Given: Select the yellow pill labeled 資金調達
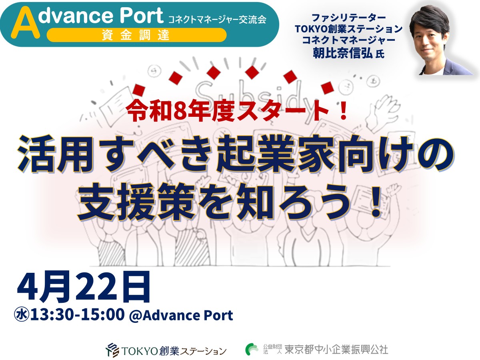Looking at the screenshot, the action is pyautogui.click(x=136, y=35).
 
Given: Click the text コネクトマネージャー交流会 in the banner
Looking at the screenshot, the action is pyautogui.click(x=217, y=20).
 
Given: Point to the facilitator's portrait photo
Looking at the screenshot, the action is pyautogui.click(x=440, y=40).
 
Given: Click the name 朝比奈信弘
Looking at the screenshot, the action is pyautogui.click(x=343, y=53).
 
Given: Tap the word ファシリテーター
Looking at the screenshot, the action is pyautogui.click(x=348, y=18).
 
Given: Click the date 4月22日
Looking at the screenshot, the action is pyautogui.click(x=84, y=287).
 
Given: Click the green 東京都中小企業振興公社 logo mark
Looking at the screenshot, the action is pyautogui.click(x=252, y=349).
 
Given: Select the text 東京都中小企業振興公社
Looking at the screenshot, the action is pyautogui.click(x=336, y=350).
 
